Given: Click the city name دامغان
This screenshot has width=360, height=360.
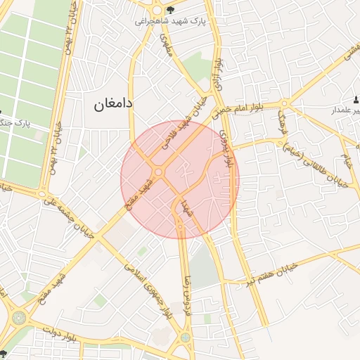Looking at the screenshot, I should (x=113, y=104).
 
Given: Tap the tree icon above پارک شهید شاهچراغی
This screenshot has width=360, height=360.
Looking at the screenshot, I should (x=170, y=9).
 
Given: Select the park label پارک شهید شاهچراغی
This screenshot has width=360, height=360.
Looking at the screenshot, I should (x=171, y=22).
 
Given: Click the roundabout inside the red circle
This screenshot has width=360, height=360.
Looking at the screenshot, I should (x=159, y=172).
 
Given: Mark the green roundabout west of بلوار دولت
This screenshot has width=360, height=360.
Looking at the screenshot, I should (x=18, y=318).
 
